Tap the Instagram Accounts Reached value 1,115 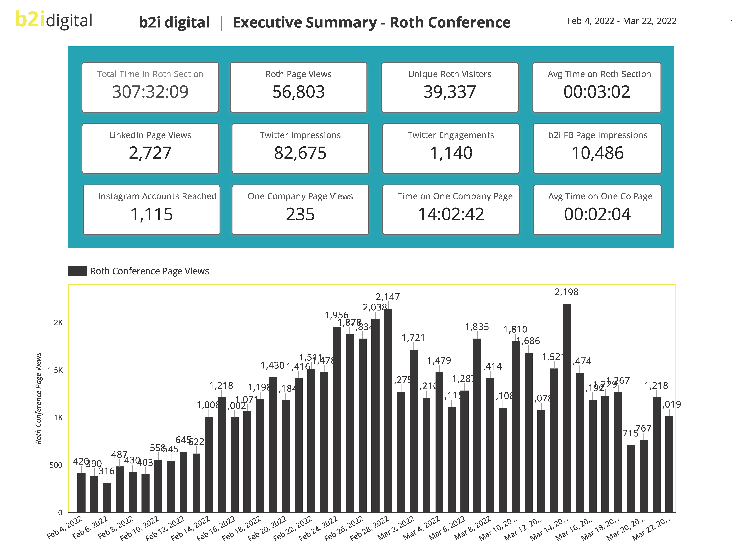(152, 214)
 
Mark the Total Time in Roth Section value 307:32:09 (150, 92)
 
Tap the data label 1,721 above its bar (413, 338)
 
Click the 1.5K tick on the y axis (55, 370)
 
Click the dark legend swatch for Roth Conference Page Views (77, 271)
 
